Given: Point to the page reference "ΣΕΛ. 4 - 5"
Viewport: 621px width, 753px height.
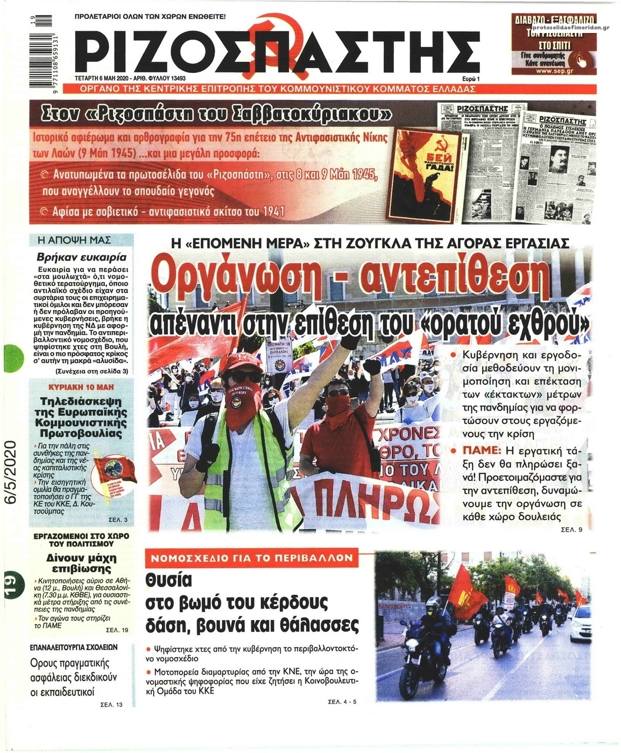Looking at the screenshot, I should [342, 702].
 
